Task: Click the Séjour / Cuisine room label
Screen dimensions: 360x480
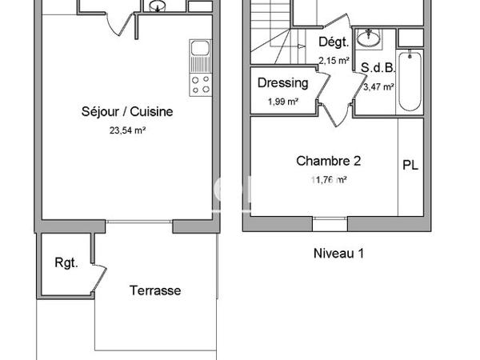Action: click(x=127, y=112)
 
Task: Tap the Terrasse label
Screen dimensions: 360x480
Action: click(x=155, y=291)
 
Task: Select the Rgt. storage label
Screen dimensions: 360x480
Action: click(x=66, y=263)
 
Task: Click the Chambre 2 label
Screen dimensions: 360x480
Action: click(x=328, y=161)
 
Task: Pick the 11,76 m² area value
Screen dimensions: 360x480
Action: click(x=328, y=180)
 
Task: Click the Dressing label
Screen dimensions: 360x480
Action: click(x=282, y=82)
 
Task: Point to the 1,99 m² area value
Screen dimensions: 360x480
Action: click(x=282, y=101)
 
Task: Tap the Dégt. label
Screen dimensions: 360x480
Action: click(x=333, y=43)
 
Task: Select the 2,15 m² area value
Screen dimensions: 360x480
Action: click(x=334, y=60)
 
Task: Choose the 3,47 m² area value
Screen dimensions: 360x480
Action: click(x=378, y=87)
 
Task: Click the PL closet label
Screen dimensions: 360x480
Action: click(x=410, y=166)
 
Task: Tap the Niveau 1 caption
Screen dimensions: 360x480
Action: click(x=338, y=254)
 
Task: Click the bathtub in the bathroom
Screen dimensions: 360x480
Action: click(x=408, y=81)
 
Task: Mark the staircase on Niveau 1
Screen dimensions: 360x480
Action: click(x=272, y=32)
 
